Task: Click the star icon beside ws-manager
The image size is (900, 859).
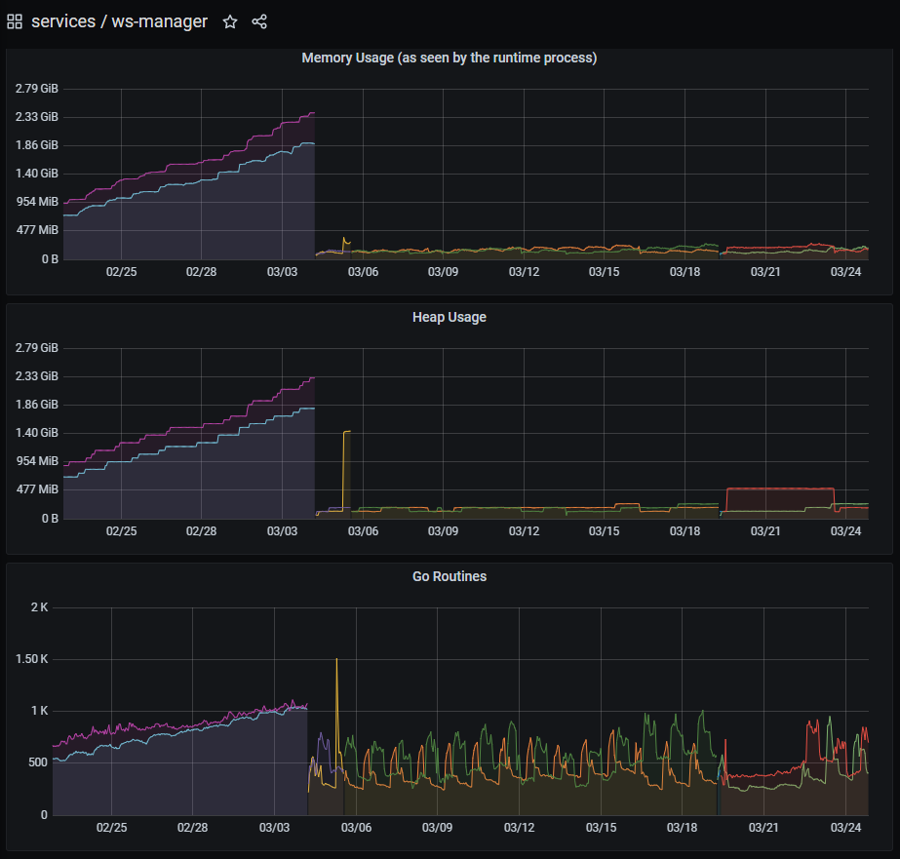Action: pos(230,21)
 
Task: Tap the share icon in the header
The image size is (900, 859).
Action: pos(259,21)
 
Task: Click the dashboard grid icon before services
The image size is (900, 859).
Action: pos(15,21)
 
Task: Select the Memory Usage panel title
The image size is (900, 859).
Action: pos(449,58)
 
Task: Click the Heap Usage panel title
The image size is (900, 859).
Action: pos(449,317)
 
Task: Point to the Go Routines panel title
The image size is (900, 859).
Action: pos(449,576)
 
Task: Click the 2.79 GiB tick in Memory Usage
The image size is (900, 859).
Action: pos(36,89)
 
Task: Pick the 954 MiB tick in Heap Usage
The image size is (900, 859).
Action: pos(36,461)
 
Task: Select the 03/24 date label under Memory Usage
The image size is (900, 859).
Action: pos(845,272)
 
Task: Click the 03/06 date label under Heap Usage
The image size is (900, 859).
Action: pos(363,531)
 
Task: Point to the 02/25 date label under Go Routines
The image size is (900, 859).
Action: pos(112,828)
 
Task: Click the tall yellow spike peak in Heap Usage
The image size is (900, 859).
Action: pos(347,431)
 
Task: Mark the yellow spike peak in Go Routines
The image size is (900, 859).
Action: pos(337,660)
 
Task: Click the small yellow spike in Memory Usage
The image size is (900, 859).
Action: pos(344,239)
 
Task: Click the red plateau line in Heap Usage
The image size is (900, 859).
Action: pos(780,488)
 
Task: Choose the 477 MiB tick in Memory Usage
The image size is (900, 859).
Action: pos(36,230)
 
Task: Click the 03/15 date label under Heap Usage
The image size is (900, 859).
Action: pos(605,531)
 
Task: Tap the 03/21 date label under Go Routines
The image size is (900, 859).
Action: pos(763,828)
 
